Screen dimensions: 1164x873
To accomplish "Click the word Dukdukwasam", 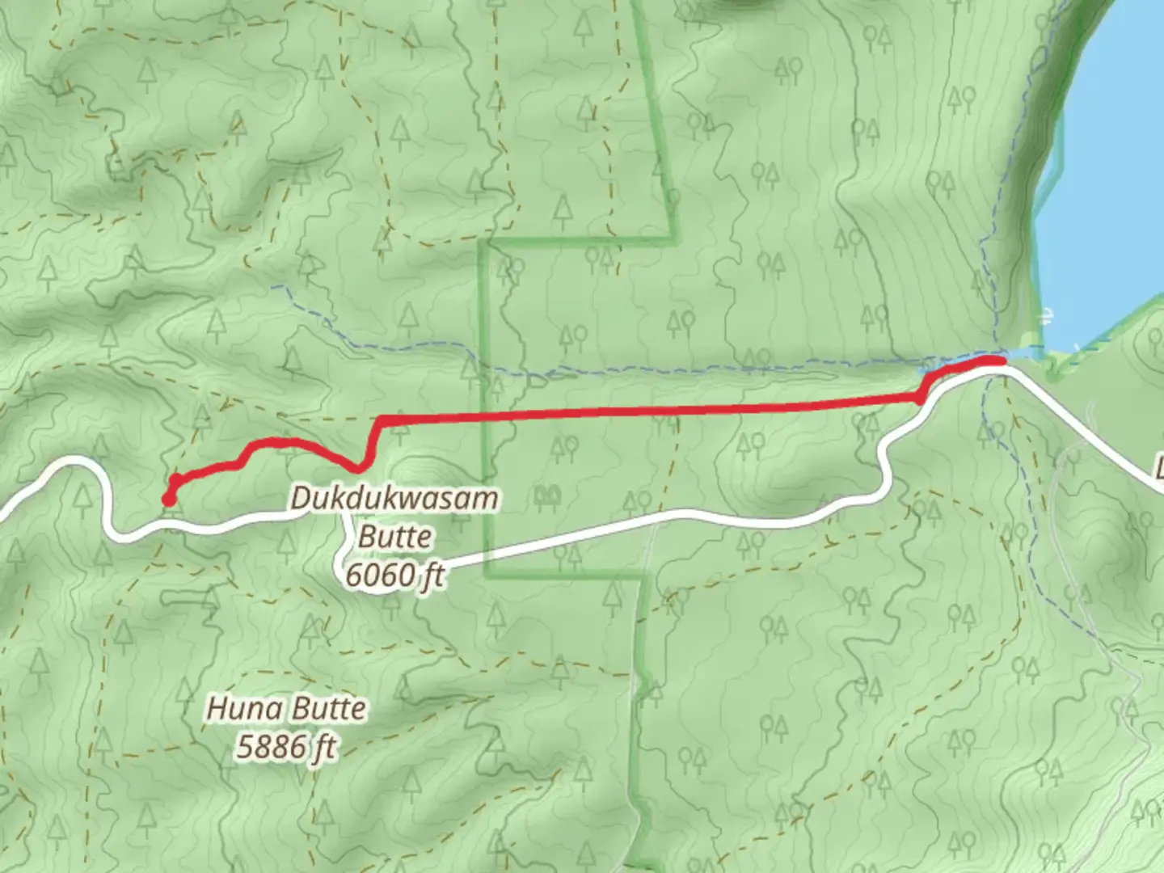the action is pyautogui.click(x=394, y=498).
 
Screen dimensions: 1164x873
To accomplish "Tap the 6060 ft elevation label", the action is pyautogui.click(x=394, y=576).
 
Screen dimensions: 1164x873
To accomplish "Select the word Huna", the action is pyautogui.click(x=238, y=709).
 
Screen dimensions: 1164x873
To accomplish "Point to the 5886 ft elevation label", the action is pyautogui.click(x=285, y=747).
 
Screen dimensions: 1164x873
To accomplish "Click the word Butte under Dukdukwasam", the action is pyautogui.click(x=394, y=537).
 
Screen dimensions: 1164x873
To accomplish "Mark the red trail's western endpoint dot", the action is pyautogui.click(x=169, y=500).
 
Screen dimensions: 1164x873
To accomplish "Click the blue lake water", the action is pyautogui.click(x=1107, y=202).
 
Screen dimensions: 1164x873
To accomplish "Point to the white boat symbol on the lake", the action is pyautogui.click(x=1048, y=315).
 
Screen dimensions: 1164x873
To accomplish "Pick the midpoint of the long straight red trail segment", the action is pyautogui.click(x=647, y=412).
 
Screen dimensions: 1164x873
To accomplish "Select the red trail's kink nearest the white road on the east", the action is pyautogui.click(x=920, y=397).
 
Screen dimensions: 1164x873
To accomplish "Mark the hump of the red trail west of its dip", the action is pyautogui.click(x=275, y=442).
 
